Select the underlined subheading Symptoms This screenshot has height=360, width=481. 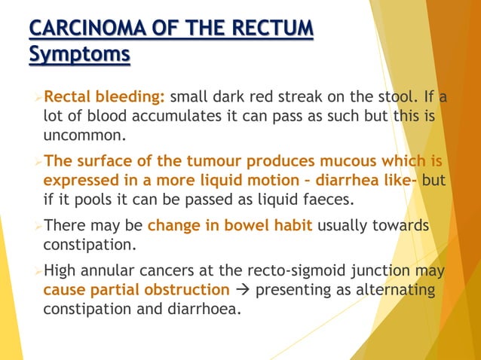[x=78, y=55]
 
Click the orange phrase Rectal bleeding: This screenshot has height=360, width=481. [x=105, y=98]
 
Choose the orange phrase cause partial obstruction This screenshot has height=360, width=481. [x=136, y=290]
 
